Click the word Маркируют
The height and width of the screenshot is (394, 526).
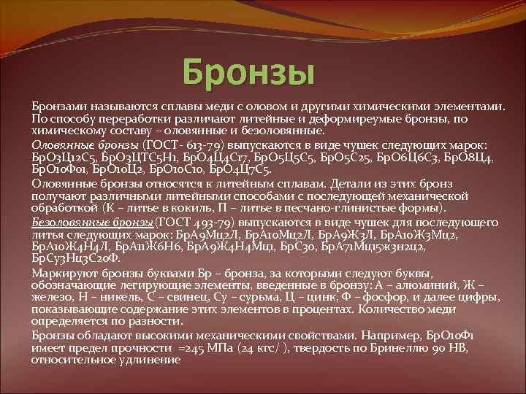(x=61, y=272)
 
